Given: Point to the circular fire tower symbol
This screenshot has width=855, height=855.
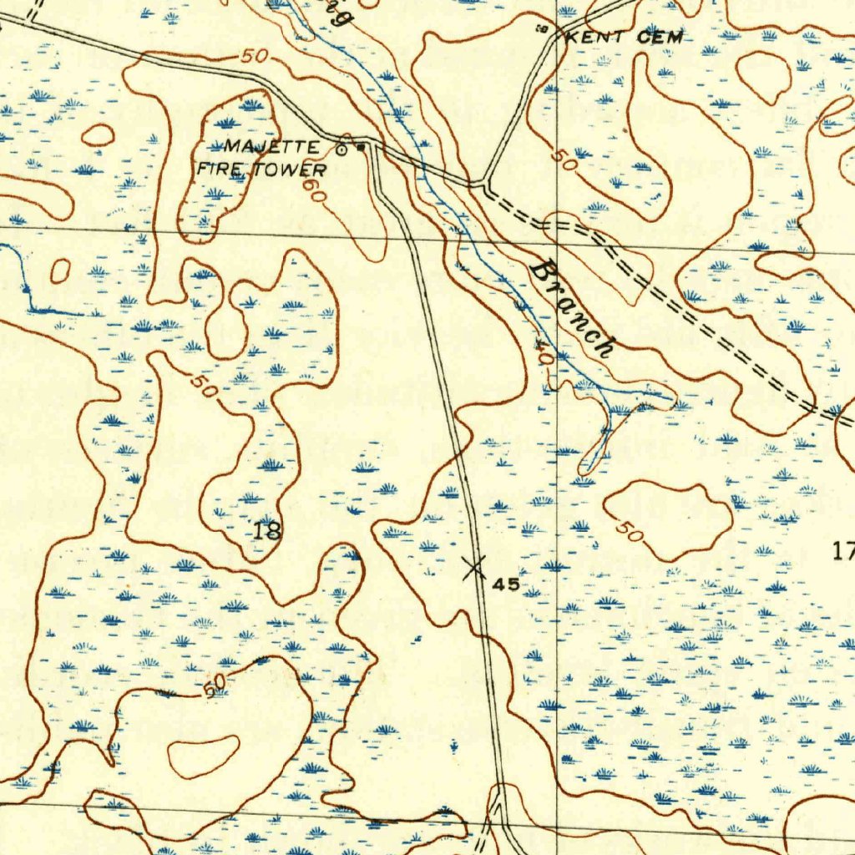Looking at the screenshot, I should pyautogui.click(x=341, y=150).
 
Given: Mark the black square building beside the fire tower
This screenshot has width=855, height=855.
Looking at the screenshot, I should pyautogui.click(x=360, y=149).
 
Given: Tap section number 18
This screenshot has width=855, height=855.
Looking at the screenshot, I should pyautogui.click(x=268, y=529).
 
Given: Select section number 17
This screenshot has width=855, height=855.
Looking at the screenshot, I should pyautogui.click(x=843, y=549).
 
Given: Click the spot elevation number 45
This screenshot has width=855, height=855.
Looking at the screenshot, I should pyautogui.click(x=506, y=584).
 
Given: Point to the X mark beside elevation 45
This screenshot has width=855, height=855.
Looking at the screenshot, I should pyautogui.click(x=474, y=569).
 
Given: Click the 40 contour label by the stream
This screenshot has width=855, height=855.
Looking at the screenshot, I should pyautogui.click(x=544, y=354).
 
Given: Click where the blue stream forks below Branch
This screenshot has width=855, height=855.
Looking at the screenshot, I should pyautogui.click(x=613, y=410).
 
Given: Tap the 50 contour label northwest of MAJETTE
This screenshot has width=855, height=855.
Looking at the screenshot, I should pyautogui.click(x=255, y=58).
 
